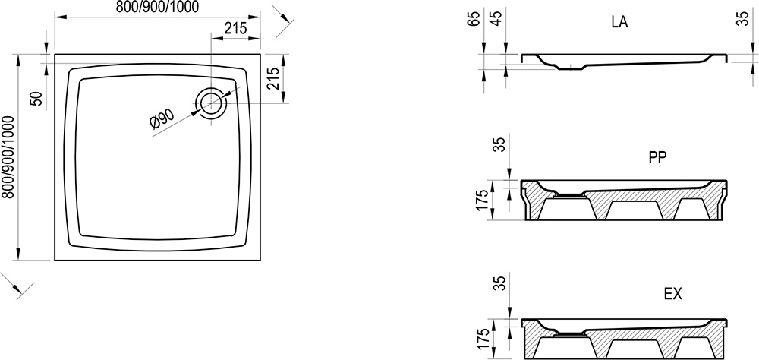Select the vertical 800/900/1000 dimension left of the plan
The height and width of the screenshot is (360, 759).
(8, 157)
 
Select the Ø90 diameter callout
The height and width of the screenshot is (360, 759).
(162, 118)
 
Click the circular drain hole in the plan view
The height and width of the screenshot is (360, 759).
(210, 101)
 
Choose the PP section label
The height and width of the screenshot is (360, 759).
(657, 157)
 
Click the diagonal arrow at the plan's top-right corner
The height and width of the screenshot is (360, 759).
(284, 21)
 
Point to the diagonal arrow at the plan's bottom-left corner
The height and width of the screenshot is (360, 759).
(18, 285)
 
